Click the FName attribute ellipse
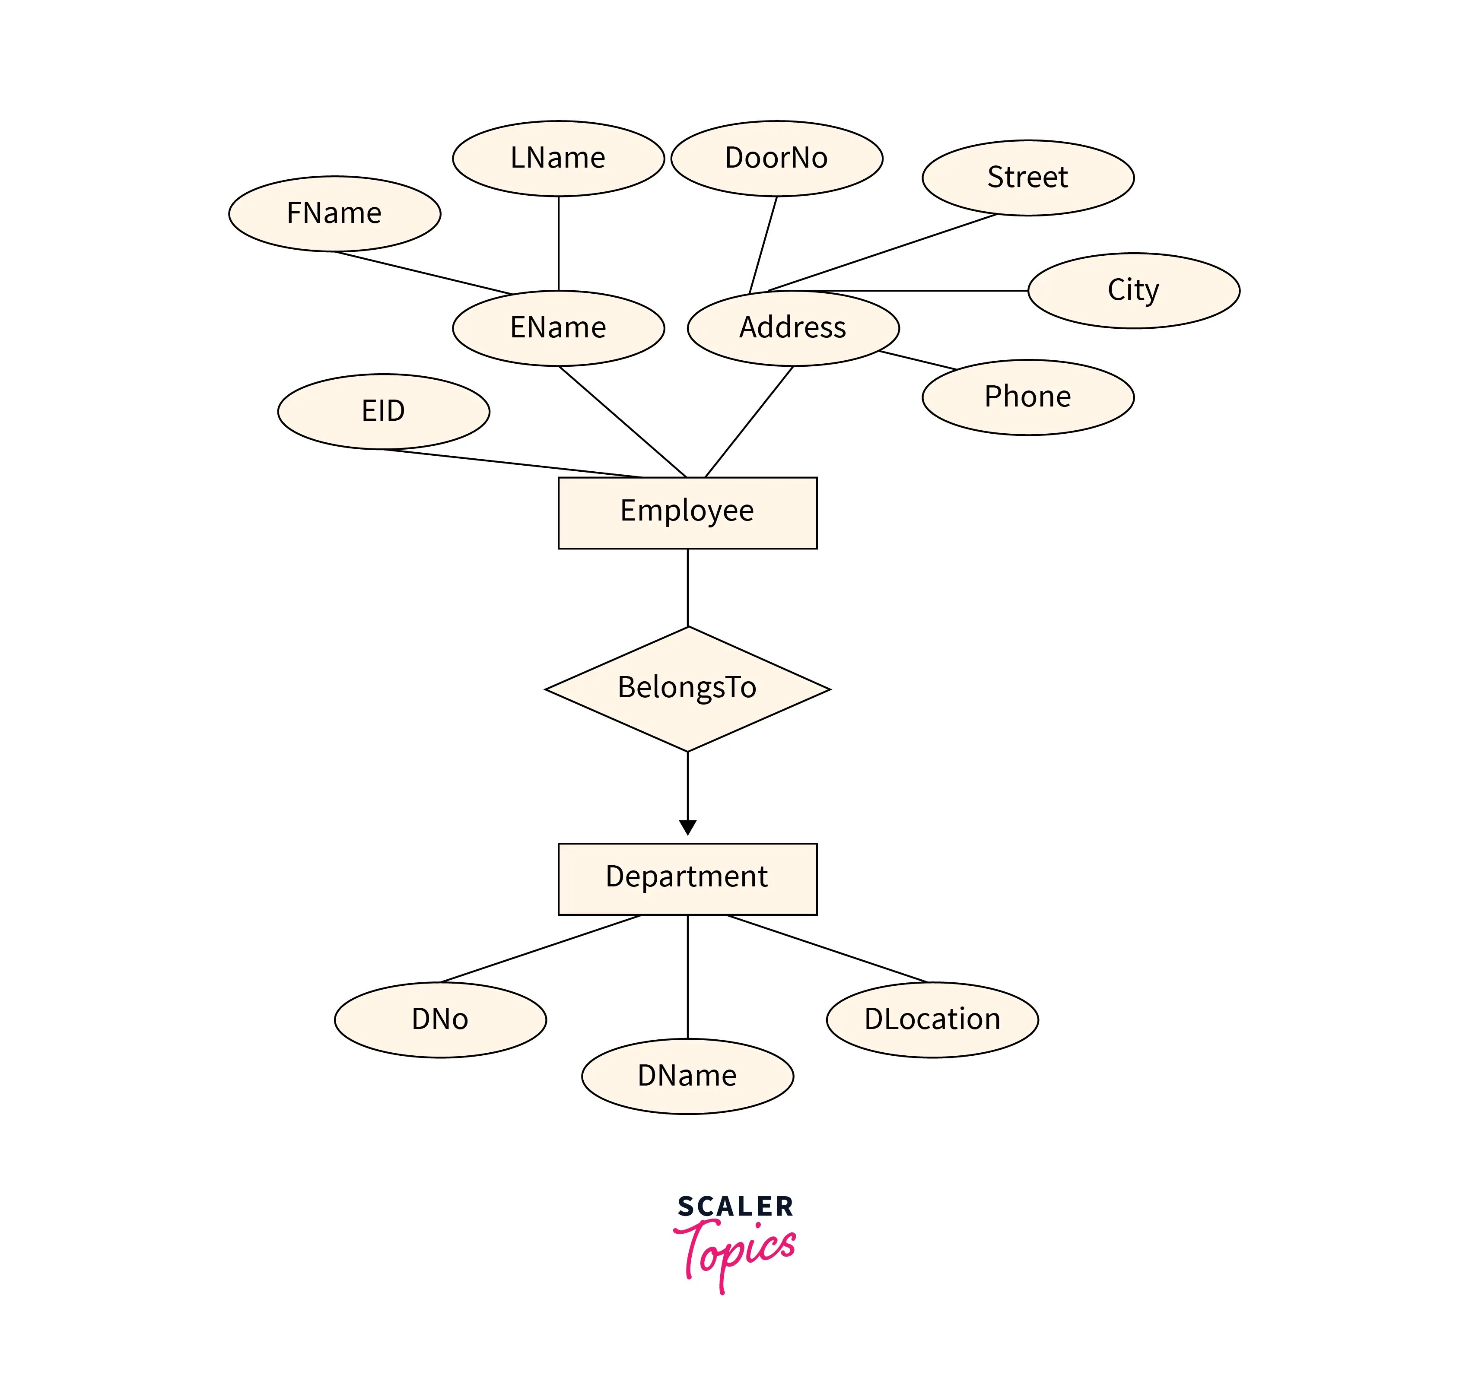(x=335, y=213)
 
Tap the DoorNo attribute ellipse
(x=776, y=158)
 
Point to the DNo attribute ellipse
(x=440, y=1019)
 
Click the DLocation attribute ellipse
(x=932, y=1019)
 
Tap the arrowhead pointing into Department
(x=687, y=828)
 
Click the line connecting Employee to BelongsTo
(x=687, y=587)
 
